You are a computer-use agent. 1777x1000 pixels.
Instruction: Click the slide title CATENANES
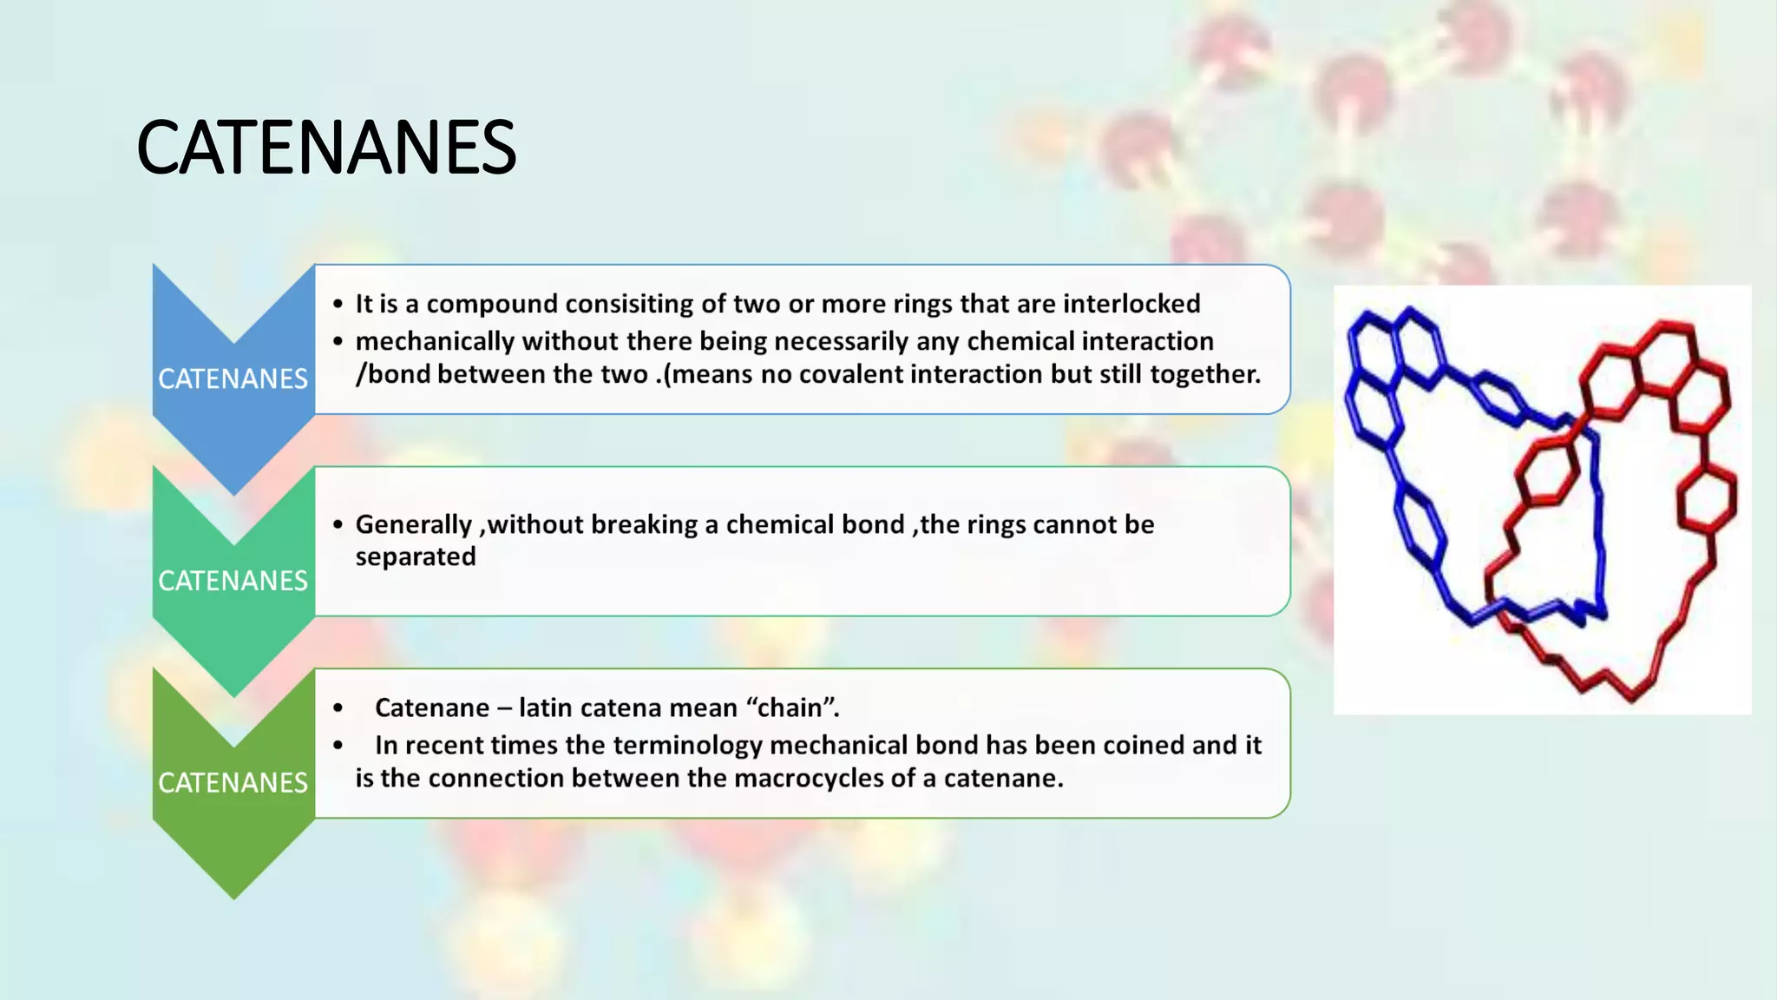coord(326,148)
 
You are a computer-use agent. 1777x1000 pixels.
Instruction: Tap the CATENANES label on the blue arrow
coord(233,378)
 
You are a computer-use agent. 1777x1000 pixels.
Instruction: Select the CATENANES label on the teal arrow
coord(233,581)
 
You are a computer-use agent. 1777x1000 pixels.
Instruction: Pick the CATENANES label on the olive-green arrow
coord(233,782)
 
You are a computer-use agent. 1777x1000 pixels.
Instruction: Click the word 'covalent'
coord(849,374)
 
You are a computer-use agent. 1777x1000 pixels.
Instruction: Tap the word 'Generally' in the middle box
coord(414,525)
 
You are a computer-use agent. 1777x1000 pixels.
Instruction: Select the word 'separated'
coord(416,556)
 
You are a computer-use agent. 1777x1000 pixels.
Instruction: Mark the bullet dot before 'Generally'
coord(338,525)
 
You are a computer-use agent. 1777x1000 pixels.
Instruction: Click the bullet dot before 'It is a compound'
coord(338,304)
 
